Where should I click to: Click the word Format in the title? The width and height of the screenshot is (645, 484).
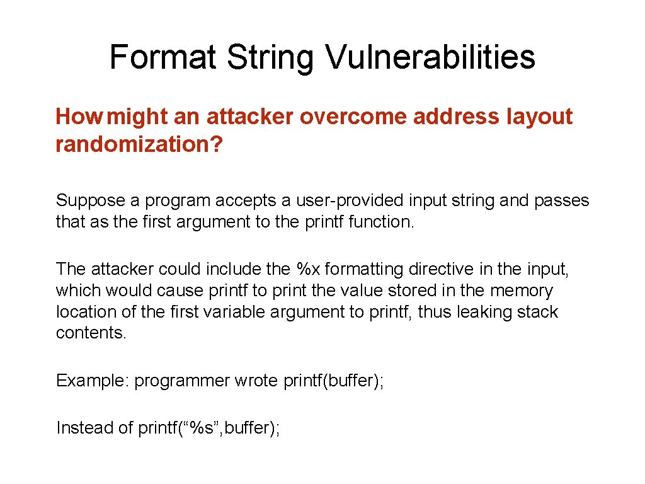163,57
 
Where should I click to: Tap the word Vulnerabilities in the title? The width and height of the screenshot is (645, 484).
430,57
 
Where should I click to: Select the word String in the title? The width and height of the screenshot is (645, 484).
271,57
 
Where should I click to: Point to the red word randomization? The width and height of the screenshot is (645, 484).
139,144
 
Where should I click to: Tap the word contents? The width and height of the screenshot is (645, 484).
91,333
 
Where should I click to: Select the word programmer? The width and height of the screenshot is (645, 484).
182,381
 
